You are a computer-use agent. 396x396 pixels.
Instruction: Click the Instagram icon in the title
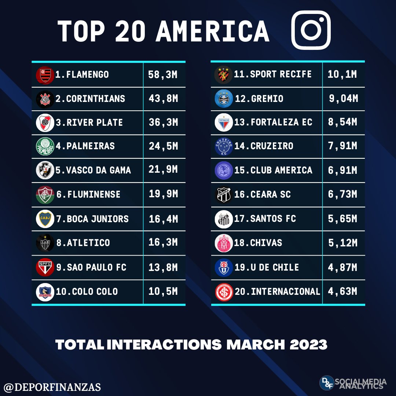311,30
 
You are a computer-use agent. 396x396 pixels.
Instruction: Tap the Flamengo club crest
45,75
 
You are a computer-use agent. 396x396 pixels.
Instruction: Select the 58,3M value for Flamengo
163,75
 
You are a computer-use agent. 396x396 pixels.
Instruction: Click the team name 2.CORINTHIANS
90,99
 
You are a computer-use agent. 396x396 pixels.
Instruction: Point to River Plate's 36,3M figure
163,122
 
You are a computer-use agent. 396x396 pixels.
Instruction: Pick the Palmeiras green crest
45,146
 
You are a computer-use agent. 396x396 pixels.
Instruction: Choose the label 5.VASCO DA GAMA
93,170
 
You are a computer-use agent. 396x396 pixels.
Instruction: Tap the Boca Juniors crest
45,219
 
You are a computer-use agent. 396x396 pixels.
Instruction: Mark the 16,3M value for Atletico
163,242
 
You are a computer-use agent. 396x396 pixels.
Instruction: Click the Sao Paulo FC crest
45,267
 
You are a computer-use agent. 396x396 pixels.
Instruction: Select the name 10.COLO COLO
87,291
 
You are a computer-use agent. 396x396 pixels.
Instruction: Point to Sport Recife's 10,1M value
342,74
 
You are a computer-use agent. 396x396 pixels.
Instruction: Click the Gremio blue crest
223,99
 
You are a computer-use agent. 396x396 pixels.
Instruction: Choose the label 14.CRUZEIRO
264,146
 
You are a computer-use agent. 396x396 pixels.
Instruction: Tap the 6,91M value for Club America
342,170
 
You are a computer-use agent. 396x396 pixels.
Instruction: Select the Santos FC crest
223,219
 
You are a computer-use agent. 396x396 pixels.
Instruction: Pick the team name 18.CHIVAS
258,243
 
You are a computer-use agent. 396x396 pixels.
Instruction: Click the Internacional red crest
223,291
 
